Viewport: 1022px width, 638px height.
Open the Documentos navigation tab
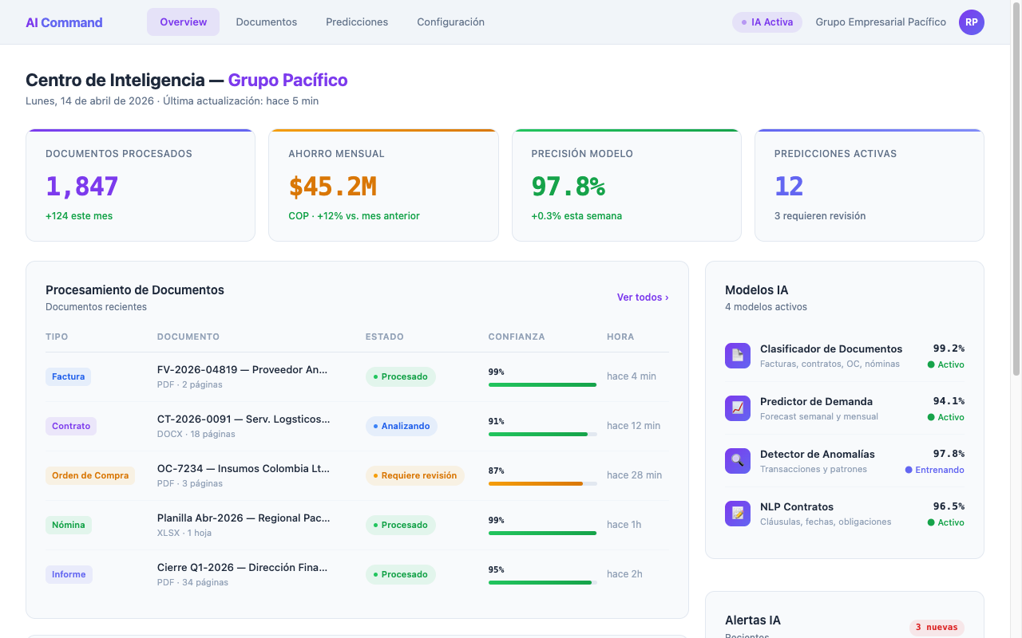click(266, 22)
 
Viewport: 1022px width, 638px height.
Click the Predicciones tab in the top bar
click(357, 22)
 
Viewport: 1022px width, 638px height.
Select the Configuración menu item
click(450, 22)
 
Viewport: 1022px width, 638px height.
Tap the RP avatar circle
click(971, 22)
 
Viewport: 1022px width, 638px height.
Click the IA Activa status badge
click(766, 22)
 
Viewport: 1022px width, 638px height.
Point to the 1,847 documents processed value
click(82, 187)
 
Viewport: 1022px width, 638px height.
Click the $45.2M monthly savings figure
click(332, 187)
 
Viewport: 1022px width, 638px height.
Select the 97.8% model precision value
click(568, 187)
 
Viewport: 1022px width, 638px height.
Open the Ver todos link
click(642, 297)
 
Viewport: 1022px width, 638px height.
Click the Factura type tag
click(68, 376)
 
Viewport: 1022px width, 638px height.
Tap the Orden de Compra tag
click(90, 475)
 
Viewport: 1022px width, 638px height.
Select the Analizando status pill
click(402, 426)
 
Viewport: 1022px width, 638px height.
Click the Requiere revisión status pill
click(414, 475)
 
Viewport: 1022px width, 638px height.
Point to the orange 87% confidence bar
click(536, 483)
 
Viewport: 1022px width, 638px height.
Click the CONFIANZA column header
click(516, 337)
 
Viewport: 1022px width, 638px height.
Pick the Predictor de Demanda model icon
click(737, 408)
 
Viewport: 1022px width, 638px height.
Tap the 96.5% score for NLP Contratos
click(948, 506)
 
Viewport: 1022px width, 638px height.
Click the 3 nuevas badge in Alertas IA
click(937, 628)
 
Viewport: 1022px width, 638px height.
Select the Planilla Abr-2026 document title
click(243, 518)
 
